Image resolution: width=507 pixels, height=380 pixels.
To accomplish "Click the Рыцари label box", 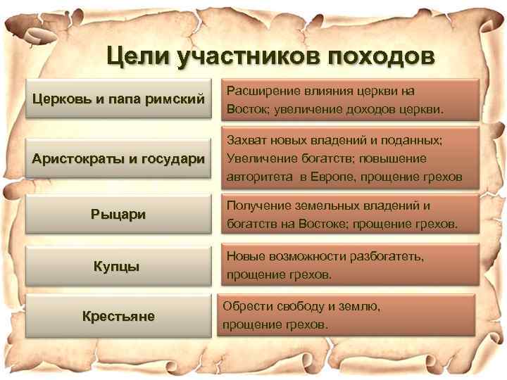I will point(118,214).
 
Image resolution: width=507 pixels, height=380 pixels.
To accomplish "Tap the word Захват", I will point(244,141).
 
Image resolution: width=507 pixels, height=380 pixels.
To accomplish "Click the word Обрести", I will point(243,307).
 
